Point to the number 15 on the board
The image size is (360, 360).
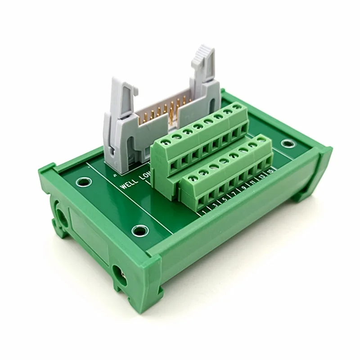(x=270, y=171)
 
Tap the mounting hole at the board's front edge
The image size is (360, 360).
(x=139, y=231)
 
